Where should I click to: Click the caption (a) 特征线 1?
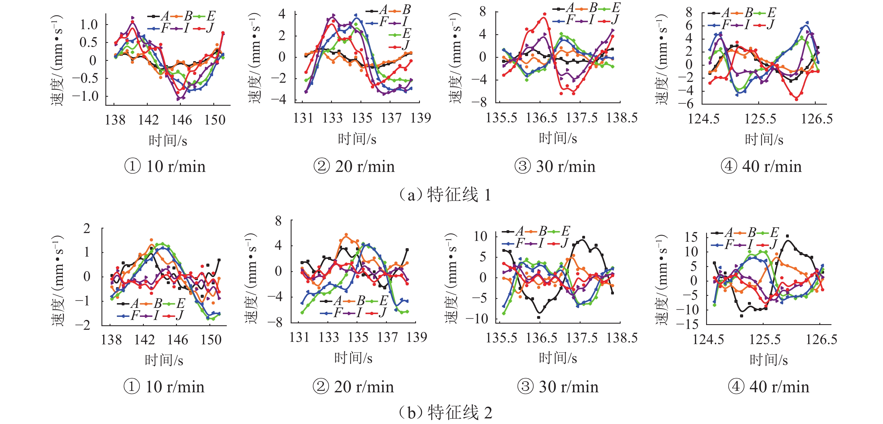tap(445, 195)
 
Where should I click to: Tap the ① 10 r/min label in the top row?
tap(165, 167)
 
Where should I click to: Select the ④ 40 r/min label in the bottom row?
tap(769, 387)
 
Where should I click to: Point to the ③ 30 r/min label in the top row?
tap(555, 167)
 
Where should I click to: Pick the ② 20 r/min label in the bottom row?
tap(353, 387)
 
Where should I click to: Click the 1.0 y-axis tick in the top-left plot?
tap(89, 25)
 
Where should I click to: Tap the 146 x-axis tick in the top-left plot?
tap(182, 120)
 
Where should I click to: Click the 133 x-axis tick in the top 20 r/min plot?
tap(332, 118)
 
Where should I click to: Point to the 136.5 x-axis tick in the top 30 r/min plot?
tap(542, 118)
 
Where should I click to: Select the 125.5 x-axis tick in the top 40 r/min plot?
tap(760, 119)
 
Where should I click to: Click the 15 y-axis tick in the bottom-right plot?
tap(691, 237)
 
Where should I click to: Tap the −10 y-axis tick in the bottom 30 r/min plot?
tap(477, 319)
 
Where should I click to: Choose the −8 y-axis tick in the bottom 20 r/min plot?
tap(278, 322)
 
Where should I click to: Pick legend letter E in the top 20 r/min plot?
tap(406, 34)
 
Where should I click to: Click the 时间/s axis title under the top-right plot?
tap(764, 140)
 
